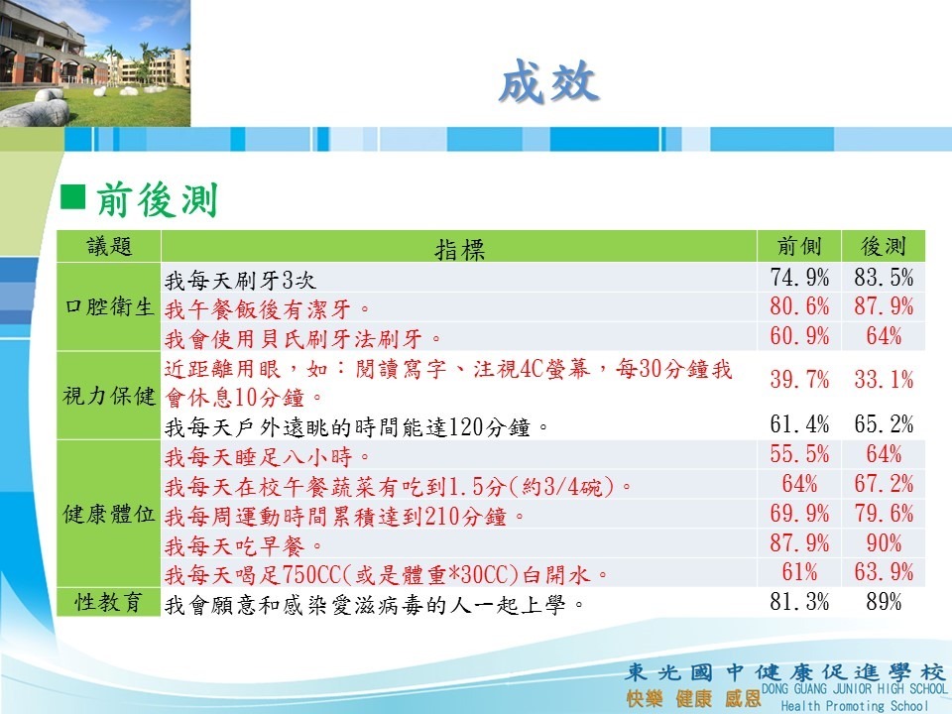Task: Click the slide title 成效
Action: tap(548, 81)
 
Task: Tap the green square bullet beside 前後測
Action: tap(72, 196)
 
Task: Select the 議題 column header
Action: tap(109, 246)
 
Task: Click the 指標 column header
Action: tap(459, 249)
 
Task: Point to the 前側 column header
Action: tap(799, 246)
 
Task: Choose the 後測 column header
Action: tap(884, 246)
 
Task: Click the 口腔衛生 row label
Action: tap(109, 306)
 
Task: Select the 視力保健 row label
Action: tap(109, 396)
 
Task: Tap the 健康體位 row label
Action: tap(109, 514)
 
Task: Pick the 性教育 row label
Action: tap(109, 602)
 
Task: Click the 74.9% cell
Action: tap(799, 278)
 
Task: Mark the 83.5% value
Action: tap(884, 278)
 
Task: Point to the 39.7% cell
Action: tap(799, 380)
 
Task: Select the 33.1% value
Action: tap(884, 380)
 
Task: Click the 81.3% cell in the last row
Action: tap(799, 602)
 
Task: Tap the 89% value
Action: tap(884, 602)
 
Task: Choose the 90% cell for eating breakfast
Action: tap(884, 542)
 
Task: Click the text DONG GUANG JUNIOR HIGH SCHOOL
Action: tap(854, 689)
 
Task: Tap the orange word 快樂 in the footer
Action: tap(645, 698)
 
